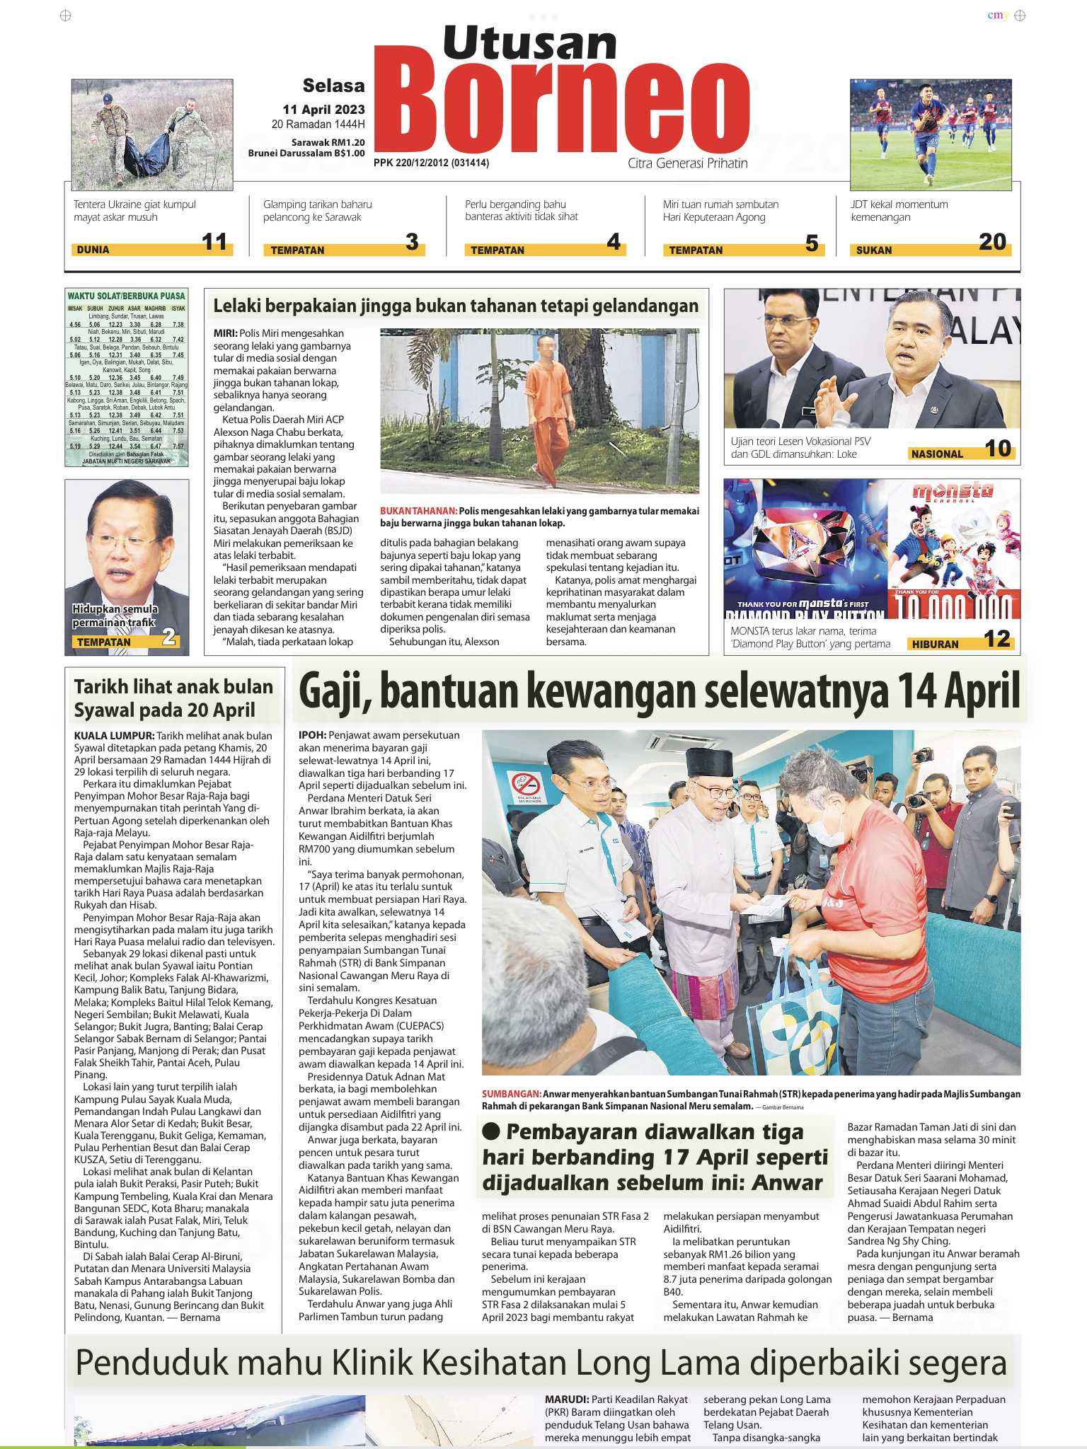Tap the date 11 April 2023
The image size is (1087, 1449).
(x=323, y=110)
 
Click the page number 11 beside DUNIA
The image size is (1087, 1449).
(x=214, y=243)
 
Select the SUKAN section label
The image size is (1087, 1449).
(x=874, y=250)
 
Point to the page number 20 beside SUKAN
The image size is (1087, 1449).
(x=992, y=243)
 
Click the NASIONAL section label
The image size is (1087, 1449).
(x=937, y=454)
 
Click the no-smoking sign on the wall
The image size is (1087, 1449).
(x=526, y=785)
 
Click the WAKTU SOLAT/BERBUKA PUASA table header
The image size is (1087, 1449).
(x=126, y=296)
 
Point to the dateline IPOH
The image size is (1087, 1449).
(x=312, y=735)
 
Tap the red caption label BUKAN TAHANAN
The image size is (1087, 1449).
(x=418, y=511)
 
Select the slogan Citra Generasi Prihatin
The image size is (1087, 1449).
(x=687, y=163)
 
